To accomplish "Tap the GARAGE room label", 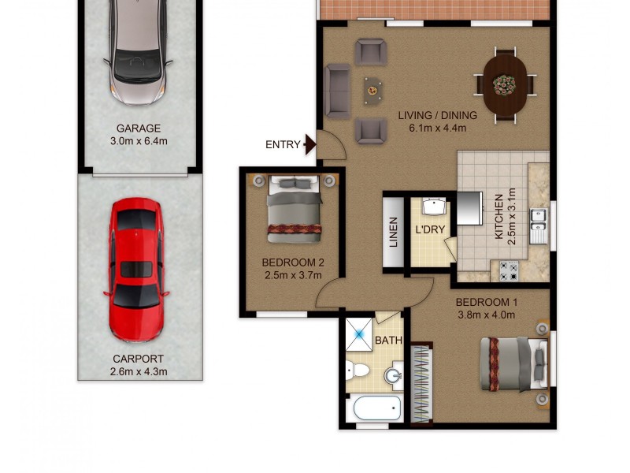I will tap(139, 128).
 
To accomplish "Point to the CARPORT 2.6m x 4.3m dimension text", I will tap(139, 371).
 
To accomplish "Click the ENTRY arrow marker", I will tap(309, 144).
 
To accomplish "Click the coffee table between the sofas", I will tap(371, 91).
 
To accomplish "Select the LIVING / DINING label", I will tap(438, 115).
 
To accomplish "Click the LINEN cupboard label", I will tap(394, 233).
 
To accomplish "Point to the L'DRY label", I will tap(430, 230).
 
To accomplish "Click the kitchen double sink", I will tap(539, 225).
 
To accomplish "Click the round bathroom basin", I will tap(393, 377).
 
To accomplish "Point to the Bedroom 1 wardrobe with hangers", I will tap(421, 382).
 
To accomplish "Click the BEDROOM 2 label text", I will tap(293, 263).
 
